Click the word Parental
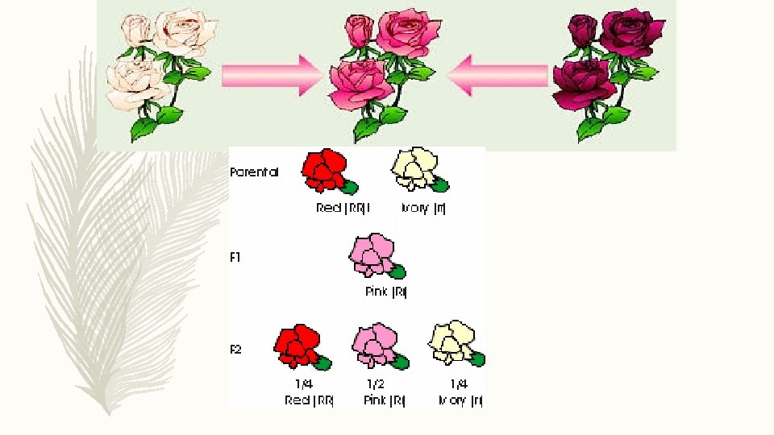(254, 172)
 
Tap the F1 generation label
(235, 258)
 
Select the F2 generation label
(235, 350)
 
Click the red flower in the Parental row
(325, 171)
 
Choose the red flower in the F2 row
(299, 347)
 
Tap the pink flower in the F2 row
(377, 346)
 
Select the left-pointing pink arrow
(498, 76)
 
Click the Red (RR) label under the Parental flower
(342, 208)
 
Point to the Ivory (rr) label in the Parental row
(424, 208)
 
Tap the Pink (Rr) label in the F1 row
(386, 292)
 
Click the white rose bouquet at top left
(161, 68)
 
